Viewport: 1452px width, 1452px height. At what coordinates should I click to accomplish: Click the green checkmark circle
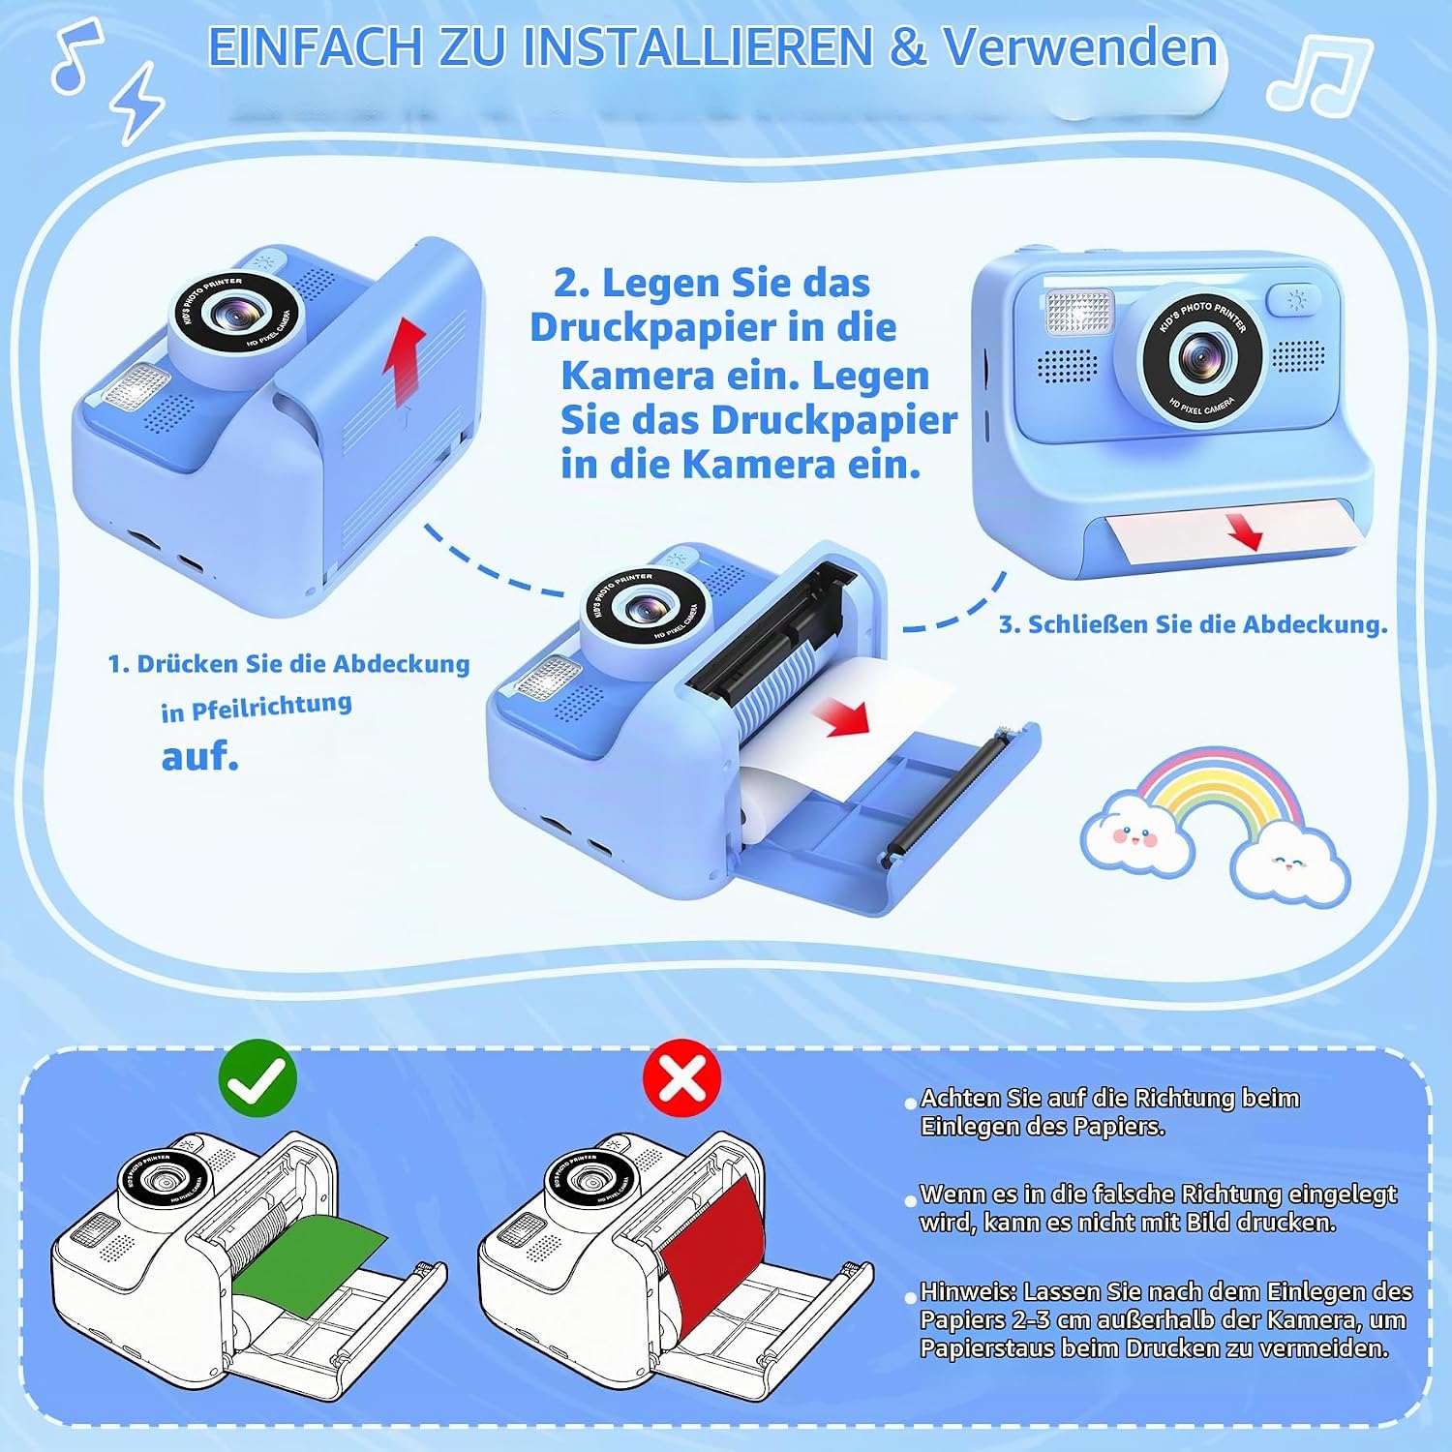pos(257,1078)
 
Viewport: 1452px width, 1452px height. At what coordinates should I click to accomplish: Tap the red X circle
pos(682,1078)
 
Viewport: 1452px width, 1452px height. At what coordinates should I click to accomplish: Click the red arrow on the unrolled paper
pos(842,717)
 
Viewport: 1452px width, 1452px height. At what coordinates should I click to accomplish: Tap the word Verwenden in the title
pos(1079,46)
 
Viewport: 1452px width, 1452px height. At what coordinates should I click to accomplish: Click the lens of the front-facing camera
pos(1202,359)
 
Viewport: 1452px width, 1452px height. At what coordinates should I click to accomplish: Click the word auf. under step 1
pos(200,756)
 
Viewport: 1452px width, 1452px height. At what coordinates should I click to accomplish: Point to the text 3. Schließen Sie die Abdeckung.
pos(1193,624)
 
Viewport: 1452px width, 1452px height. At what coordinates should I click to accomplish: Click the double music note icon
pos(1318,73)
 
